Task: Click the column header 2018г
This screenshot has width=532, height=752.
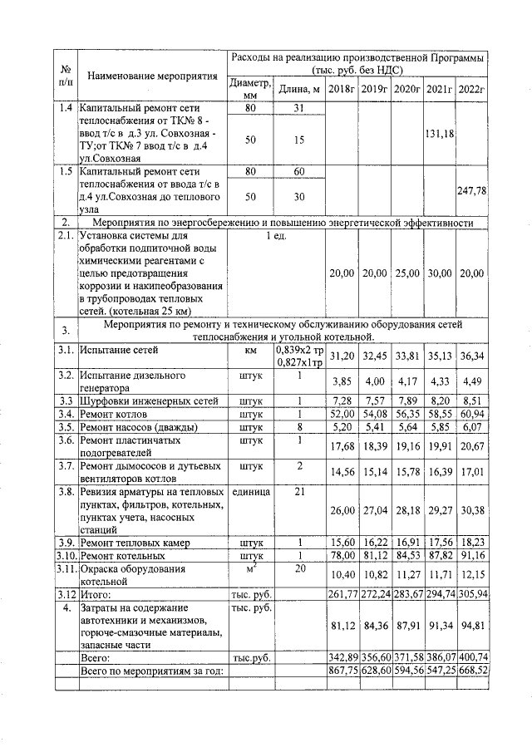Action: coord(341,89)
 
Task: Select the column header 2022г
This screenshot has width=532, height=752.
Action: coord(471,89)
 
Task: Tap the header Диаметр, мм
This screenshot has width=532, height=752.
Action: coord(250,89)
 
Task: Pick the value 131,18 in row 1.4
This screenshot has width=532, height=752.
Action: coord(439,135)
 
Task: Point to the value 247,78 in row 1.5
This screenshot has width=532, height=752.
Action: coord(471,190)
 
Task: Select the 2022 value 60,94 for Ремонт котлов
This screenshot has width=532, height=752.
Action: coord(471,413)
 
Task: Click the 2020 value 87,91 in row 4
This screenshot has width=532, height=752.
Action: coord(406,626)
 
